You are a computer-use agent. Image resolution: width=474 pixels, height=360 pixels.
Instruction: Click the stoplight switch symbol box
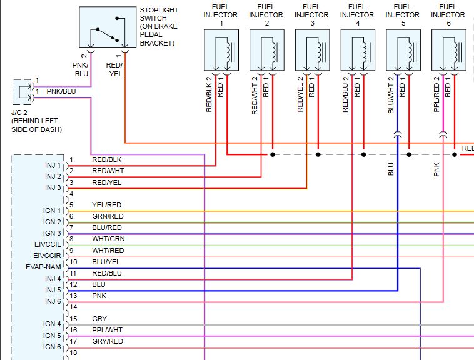click(x=108, y=27)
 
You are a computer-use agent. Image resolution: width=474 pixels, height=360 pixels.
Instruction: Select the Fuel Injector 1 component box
click(x=221, y=51)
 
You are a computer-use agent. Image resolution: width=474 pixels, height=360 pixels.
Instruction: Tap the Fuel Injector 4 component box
click(x=358, y=51)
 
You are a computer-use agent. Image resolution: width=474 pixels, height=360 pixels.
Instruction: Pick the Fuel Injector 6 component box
click(x=448, y=51)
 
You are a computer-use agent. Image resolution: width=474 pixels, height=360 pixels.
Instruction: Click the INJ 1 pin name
click(x=53, y=165)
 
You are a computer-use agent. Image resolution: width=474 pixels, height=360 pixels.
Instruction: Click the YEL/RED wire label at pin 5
click(x=107, y=205)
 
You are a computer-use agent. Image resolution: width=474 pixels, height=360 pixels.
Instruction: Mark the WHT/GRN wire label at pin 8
click(x=108, y=239)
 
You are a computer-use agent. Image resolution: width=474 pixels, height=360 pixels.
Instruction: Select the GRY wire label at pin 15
click(x=99, y=319)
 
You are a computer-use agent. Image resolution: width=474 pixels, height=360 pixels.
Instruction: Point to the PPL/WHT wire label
click(x=108, y=330)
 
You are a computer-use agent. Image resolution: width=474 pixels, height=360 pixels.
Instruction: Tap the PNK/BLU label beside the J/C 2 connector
click(x=61, y=91)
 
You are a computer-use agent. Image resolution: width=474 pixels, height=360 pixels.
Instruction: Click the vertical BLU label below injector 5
click(x=391, y=169)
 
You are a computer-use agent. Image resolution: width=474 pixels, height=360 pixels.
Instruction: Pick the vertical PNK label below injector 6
click(x=437, y=169)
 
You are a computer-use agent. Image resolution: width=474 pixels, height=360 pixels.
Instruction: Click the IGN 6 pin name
click(x=52, y=347)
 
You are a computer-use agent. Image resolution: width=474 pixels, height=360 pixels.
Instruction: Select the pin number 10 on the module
click(x=73, y=262)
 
